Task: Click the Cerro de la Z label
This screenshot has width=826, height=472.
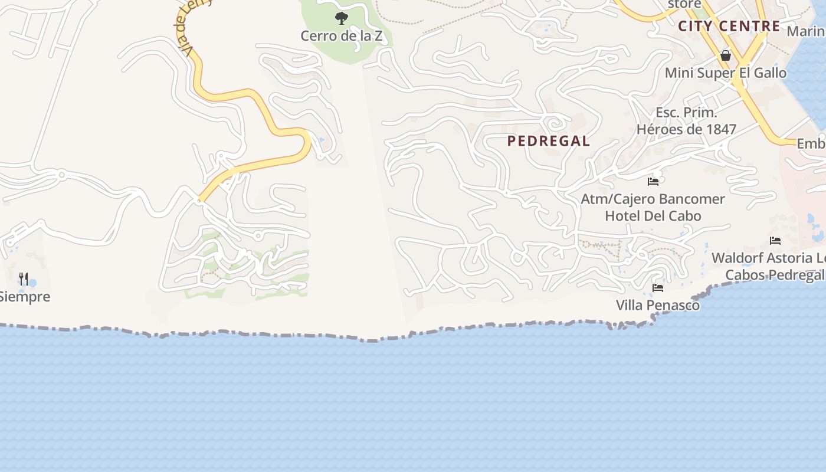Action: pos(341,36)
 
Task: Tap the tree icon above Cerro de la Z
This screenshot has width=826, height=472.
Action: pos(341,18)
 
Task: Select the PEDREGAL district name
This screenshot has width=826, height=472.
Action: pos(549,141)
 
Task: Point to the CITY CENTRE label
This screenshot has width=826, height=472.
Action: pos(729,27)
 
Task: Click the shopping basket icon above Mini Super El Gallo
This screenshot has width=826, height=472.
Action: pos(726,55)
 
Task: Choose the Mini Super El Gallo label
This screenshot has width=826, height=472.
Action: pos(726,73)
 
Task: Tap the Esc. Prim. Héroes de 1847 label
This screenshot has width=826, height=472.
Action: pos(686,121)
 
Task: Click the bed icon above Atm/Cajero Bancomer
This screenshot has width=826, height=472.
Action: pos(653,181)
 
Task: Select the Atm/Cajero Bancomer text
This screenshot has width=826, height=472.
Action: pos(653,199)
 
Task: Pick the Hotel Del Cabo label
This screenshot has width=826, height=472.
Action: pos(653,216)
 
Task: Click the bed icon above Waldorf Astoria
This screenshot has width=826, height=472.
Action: pos(775,240)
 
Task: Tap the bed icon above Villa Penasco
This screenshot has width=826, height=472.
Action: pos(658,288)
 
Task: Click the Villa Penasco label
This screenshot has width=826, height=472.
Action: pos(658,305)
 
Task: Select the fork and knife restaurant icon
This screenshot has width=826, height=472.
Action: pos(24,278)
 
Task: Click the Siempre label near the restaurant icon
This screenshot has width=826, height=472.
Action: pos(25,297)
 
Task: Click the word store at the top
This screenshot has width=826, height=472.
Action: pos(684,5)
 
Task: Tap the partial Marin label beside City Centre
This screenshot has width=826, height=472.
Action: pos(806,31)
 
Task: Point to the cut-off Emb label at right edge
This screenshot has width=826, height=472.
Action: pos(811,144)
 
